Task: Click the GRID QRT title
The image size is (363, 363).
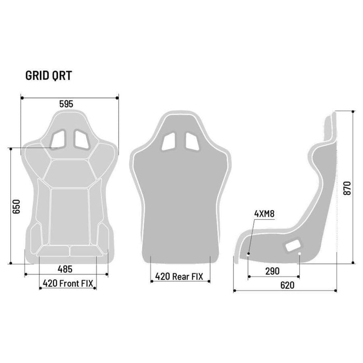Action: pyautogui.click(x=49, y=76)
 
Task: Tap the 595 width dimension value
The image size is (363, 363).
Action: pyautogui.click(x=66, y=104)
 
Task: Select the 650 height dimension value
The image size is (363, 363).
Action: pyautogui.click(x=16, y=206)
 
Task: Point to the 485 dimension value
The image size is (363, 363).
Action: pyautogui.click(x=65, y=269)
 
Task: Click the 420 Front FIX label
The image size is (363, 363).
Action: pyautogui.click(x=68, y=283)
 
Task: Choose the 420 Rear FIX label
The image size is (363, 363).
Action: pyautogui.click(x=179, y=276)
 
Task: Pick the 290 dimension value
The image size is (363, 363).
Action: pyautogui.click(x=272, y=271)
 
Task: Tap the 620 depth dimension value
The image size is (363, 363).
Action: pyautogui.click(x=287, y=285)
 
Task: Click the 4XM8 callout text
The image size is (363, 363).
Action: pyautogui.click(x=264, y=214)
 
